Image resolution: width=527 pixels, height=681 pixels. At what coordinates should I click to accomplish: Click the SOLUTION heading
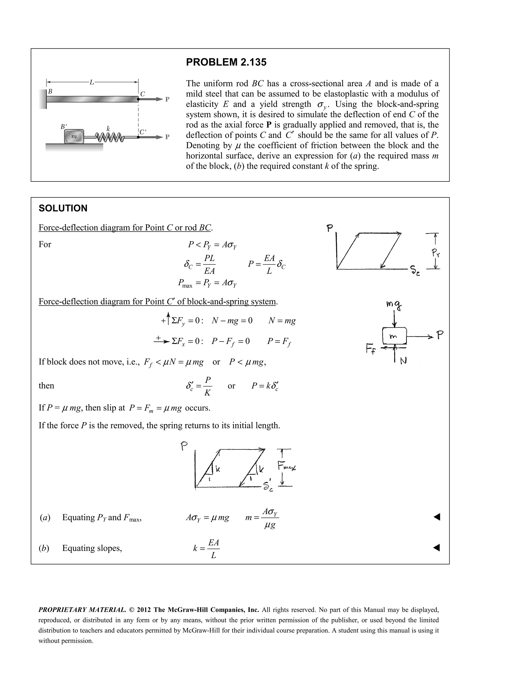tap(63, 208)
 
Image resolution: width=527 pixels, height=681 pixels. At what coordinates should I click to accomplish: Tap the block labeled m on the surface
tap(74, 136)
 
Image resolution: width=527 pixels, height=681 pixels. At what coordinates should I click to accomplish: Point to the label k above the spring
tap(108, 128)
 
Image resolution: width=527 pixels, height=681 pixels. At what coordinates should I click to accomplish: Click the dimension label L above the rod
tap(92, 82)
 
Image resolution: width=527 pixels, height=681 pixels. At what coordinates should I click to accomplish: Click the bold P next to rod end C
tap(167, 99)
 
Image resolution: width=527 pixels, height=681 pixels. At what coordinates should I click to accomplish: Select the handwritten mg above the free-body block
tap(394, 305)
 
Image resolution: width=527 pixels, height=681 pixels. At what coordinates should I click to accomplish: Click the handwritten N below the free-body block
tap(403, 361)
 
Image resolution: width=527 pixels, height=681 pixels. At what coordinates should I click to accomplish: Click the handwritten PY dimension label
tap(436, 253)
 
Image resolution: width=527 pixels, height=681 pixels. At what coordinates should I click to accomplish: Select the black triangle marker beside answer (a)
tap(437, 517)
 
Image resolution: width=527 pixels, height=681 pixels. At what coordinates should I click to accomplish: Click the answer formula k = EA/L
tap(207, 548)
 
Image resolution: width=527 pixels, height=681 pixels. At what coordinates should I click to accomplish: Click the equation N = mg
tap(282, 320)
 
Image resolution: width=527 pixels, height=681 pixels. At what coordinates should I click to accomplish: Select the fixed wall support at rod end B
tap(43, 99)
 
